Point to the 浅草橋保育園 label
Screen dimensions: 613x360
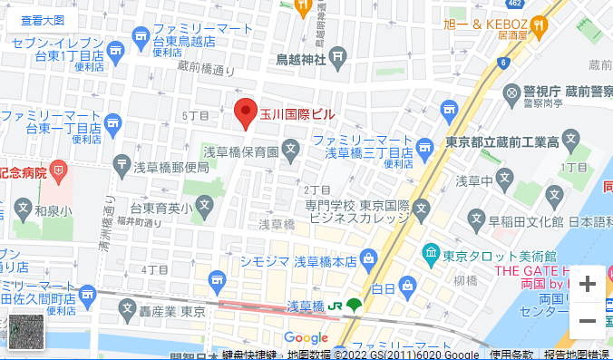coord(239,151)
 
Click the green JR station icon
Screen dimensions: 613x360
coord(354,305)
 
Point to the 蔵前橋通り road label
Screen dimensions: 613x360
coord(205,67)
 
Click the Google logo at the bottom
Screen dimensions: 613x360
coord(306,337)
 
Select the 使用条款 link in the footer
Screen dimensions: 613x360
coord(512,355)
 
